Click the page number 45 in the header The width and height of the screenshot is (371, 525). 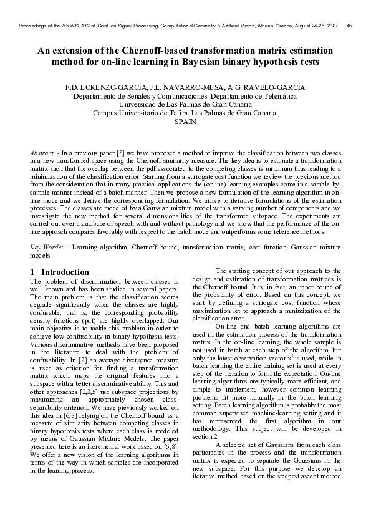(349, 25)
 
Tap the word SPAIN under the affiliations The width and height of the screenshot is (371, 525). (186, 123)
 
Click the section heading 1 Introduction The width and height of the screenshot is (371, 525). (60, 272)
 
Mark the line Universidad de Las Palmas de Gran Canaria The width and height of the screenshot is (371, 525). (186, 105)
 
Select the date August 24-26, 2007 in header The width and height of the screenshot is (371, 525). (313, 25)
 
